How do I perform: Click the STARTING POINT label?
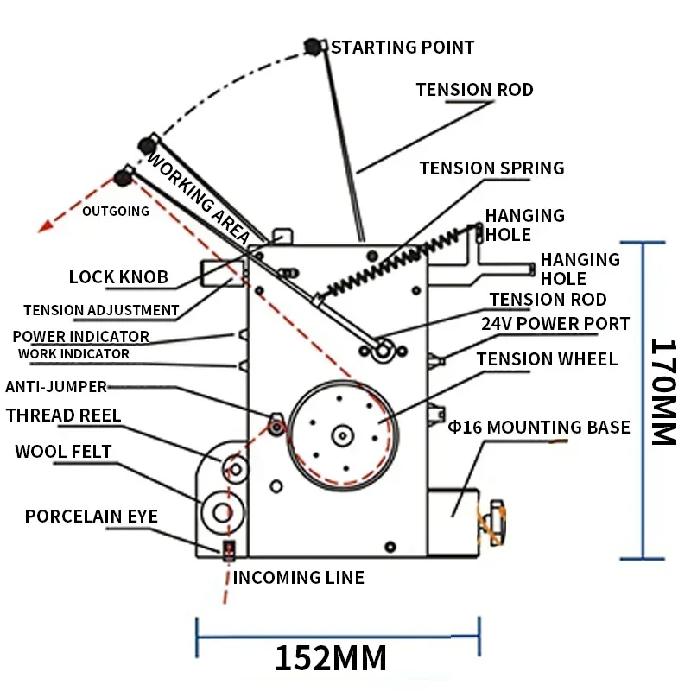pos(403,48)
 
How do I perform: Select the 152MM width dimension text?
pos(331,658)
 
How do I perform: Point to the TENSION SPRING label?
pos(491,168)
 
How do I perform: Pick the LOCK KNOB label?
pos(118,278)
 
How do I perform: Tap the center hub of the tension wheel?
pos(343,434)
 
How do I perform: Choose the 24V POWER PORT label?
pos(555,324)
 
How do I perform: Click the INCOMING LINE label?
pos(298,578)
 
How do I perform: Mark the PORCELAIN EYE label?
pos(91,517)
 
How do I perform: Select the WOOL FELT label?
pos(63,452)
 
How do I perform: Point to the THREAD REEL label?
pos(63,415)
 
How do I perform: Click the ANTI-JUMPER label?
pos(56,387)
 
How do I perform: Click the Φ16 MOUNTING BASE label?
pos(539,427)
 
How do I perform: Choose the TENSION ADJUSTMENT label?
pos(101,310)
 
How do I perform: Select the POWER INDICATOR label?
pos(80,336)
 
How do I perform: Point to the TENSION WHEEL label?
pos(547,359)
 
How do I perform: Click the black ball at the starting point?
pos(313,47)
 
